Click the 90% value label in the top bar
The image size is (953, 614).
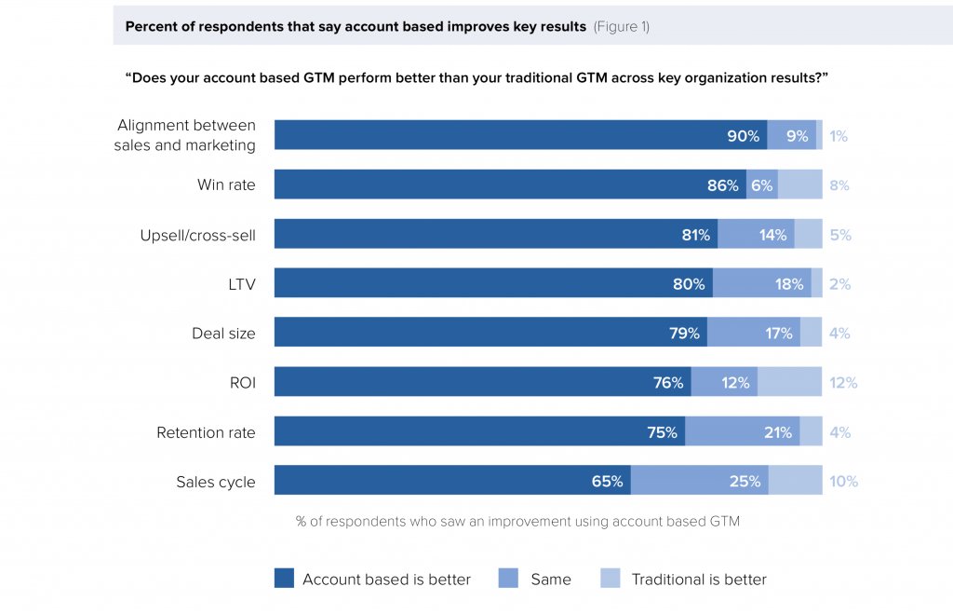744,136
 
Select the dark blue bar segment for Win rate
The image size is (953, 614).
510,184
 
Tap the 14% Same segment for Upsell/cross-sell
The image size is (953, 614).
756,234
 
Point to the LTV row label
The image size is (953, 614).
242,284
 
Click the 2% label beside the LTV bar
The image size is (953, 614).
840,283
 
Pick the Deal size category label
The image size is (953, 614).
223,334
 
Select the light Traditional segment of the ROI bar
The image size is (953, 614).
789,382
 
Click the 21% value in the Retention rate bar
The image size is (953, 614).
778,432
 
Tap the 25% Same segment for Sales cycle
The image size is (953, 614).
700,480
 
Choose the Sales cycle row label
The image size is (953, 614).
216,482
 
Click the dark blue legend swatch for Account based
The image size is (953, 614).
284,578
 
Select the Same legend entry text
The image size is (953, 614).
551,580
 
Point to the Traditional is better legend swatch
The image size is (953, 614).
611,578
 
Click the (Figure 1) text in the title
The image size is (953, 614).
622,27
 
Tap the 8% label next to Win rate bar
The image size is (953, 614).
839,185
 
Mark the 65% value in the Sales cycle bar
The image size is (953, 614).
607,482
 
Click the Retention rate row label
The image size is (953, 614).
206,432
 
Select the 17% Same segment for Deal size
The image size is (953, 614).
754,332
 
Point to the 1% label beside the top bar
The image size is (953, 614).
839,136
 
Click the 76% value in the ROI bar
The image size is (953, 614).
668,383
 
